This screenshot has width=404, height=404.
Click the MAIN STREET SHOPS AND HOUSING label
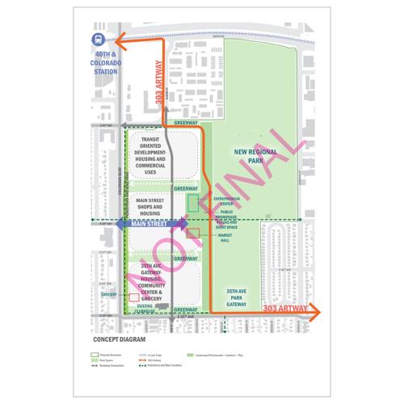coord(153,207)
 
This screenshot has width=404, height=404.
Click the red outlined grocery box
coord(134,297)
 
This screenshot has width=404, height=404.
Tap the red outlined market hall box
coord(194,234)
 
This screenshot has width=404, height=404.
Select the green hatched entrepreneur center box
coord(193,203)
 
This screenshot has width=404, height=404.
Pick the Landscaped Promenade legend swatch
coord(191,354)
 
